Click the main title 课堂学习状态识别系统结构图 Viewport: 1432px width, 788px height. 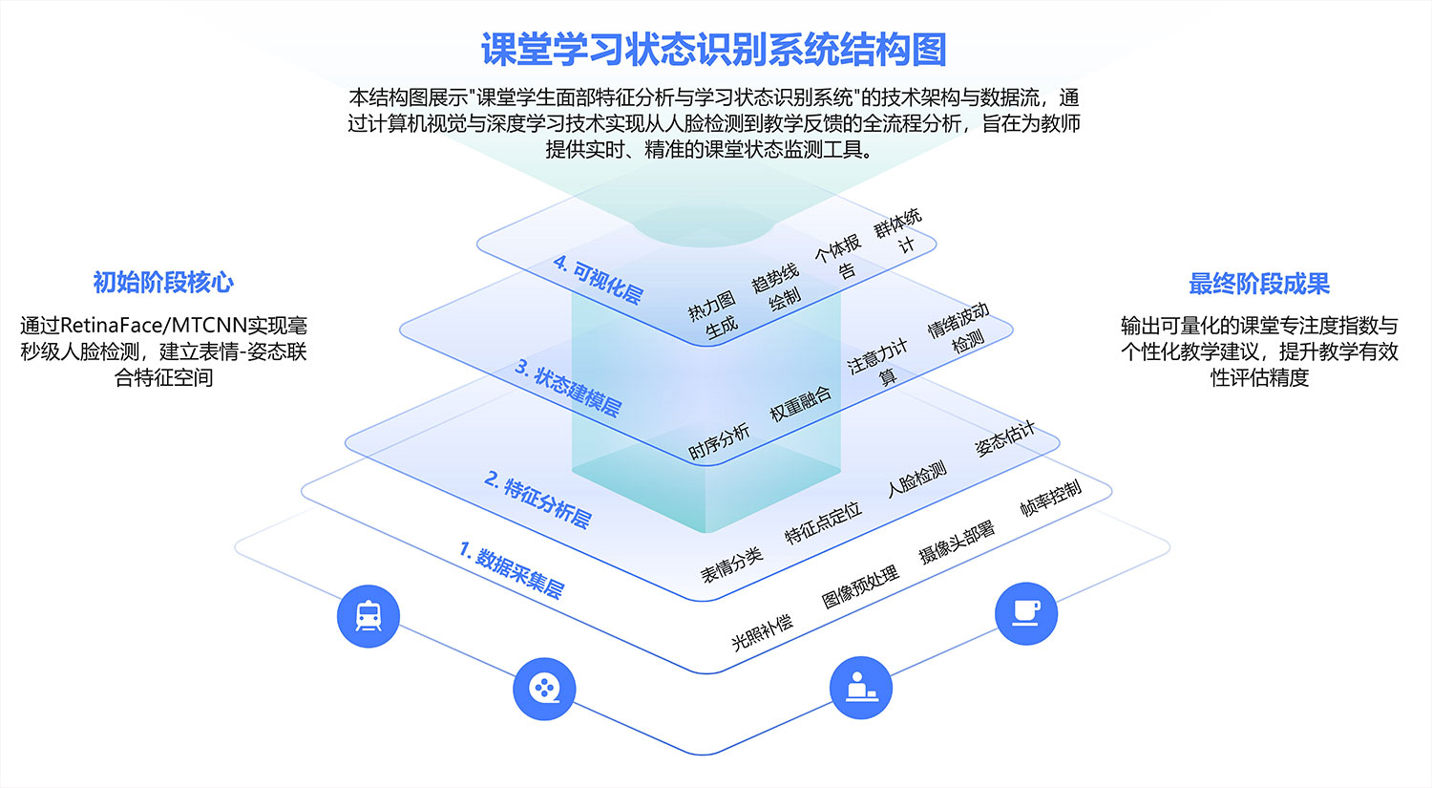pos(714,50)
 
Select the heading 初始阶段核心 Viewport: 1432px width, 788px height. pos(163,283)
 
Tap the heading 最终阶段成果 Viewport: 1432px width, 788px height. pos(1258,284)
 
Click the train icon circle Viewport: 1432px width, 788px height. pos(369,616)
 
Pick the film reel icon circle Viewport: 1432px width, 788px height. pos(544,689)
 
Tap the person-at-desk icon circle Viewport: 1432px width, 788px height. pos(861,688)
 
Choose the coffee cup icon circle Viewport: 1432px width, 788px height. pos(1026,613)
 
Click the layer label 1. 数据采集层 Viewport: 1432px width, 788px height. pos(512,569)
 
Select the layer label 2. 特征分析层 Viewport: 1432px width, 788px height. pos(537,499)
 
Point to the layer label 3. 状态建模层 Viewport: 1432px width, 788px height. pos(568,387)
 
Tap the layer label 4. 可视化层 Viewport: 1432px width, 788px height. pos(598,279)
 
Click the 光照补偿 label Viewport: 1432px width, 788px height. pos(762,631)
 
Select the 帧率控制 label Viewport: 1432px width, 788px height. pos(1050,497)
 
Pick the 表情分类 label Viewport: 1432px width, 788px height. pos(731,564)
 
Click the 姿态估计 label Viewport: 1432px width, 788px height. pos(1004,437)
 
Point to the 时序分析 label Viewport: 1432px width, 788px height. pos(719,441)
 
